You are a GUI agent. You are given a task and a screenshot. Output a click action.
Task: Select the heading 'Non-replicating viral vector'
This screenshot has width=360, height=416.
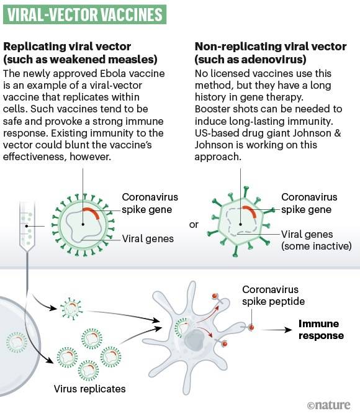pyautogui.click(x=261, y=47)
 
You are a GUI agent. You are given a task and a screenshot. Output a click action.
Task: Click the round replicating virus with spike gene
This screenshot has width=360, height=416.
pyautogui.click(x=86, y=219)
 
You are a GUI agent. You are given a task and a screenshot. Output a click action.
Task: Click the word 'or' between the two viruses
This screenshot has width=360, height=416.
pyautogui.click(x=194, y=224)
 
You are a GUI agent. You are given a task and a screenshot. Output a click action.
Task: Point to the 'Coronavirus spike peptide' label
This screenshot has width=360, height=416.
pyautogui.click(x=270, y=296)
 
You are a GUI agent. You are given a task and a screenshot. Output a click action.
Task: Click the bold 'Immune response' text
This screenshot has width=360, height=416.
pyautogui.click(x=321, y=330)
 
